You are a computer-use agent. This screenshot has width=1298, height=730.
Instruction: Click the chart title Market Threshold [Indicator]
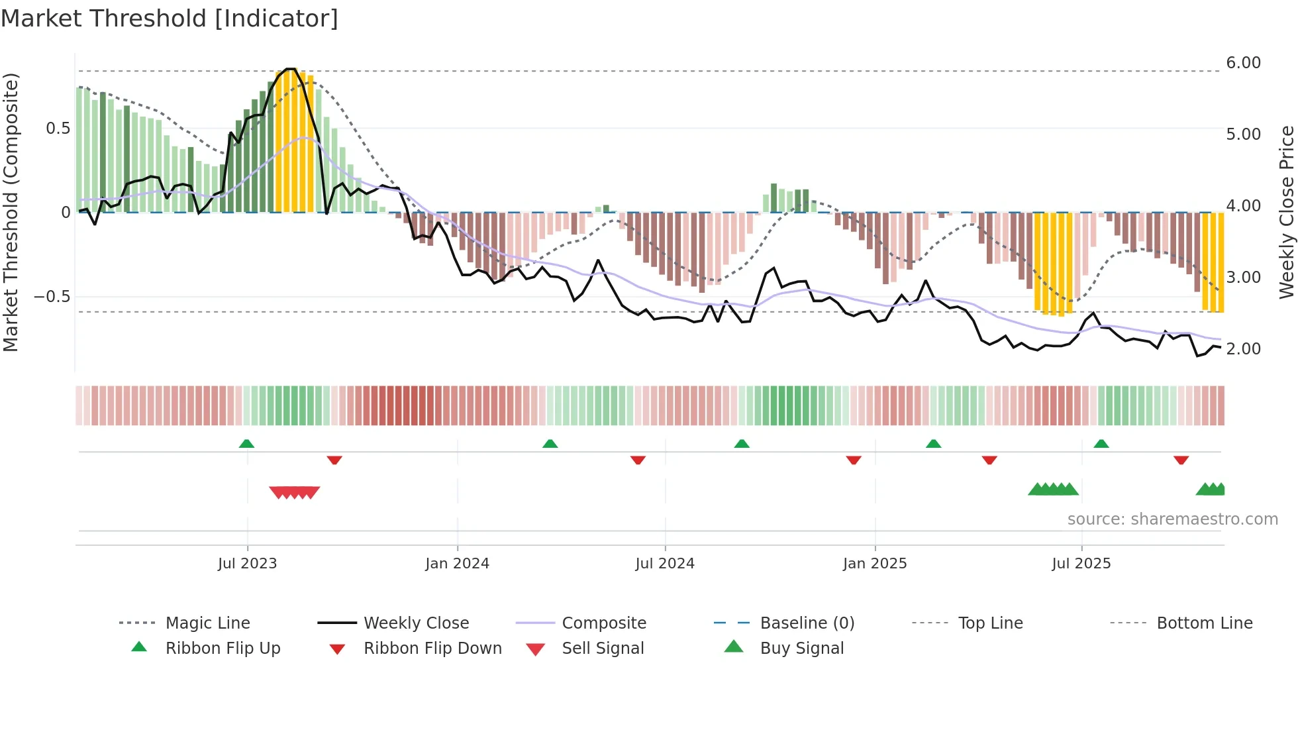pos(170,19)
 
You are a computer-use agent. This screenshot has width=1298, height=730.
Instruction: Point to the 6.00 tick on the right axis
pos(1243,63)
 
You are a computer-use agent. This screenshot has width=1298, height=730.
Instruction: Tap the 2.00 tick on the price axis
pos(1243,349)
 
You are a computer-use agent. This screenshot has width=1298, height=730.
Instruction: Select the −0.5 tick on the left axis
pos(52,296)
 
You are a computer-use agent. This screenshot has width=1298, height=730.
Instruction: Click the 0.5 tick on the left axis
pos(58,129)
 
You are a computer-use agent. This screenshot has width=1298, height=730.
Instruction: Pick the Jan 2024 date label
pos(457,564)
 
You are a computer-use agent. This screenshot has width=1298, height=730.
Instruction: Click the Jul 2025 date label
pos(1081,564)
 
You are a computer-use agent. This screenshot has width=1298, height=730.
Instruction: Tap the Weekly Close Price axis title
pos(1286,212)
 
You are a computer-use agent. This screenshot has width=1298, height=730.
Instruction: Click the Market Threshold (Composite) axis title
pos(11,212)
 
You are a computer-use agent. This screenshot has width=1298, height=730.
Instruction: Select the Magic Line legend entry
pos(207,623)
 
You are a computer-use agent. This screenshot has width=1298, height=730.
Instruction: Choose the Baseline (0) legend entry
pos(807,623)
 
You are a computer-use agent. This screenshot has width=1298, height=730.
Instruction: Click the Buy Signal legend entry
pos(801,649)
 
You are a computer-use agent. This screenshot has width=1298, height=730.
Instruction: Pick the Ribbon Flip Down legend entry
pos(432,649)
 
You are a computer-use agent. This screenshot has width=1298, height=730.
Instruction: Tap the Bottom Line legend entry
pos(1204,623)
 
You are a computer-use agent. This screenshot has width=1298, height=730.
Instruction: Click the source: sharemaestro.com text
pos(1172,519)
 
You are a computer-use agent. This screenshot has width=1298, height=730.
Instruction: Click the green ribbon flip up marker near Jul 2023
pos(246,443)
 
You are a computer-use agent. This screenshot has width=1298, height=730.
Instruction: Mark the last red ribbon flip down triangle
pos(1181,460)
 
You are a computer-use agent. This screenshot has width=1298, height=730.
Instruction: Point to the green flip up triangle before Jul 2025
pos(934,443)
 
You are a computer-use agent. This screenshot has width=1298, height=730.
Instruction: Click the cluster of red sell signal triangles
pos(295,492)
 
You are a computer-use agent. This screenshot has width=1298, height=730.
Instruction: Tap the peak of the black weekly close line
pos(289,69)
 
